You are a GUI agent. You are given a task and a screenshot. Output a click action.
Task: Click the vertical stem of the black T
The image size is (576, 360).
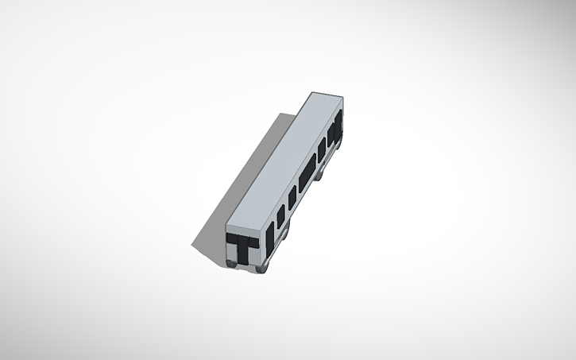coord(243,250)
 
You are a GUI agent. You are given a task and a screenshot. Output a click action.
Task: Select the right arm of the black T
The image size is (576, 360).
coord(253,240)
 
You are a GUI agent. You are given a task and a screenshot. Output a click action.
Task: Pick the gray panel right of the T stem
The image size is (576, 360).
coord(254,254)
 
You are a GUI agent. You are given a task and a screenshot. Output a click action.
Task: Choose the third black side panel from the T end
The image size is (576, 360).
coord(292,195)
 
